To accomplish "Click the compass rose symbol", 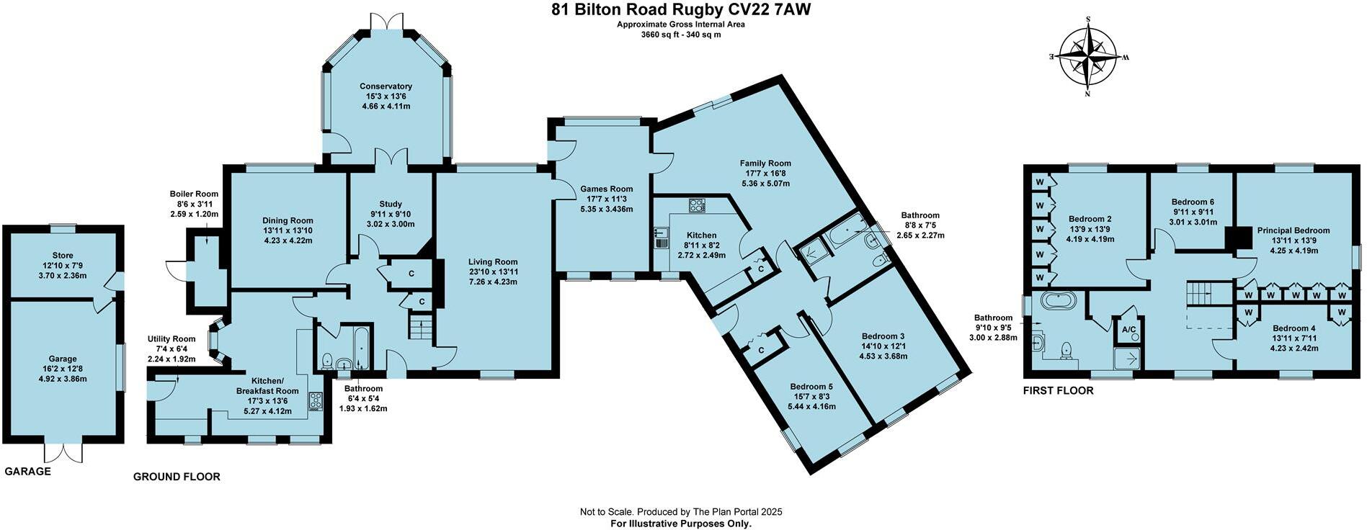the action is (x=1087, y=56).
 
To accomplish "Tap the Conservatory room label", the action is (x=386, y=86).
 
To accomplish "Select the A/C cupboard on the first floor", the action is (x=1128, y=330).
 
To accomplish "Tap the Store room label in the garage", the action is (x=63, y=256).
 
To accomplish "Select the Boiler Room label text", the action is (x=194, y=194).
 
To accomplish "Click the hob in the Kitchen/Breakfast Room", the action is (x=316, y=401).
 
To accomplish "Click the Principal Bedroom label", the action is (x=1293, y=230).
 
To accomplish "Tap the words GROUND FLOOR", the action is (x=177, y=477).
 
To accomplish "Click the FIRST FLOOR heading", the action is (x=1059, y=391).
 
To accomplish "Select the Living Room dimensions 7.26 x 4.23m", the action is (x=493, y=282).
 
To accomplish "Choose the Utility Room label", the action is (x=172, y=339).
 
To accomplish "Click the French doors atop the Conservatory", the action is (x=387, y=22).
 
